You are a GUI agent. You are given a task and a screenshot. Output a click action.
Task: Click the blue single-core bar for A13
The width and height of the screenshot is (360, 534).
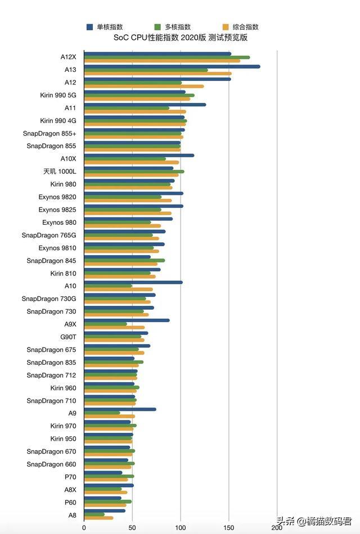[x=172, y=66]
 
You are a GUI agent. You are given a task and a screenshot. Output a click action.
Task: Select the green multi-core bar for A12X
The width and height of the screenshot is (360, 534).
[x=166, y=57]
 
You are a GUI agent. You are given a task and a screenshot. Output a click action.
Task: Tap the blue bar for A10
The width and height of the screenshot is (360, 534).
[x=133, y=282]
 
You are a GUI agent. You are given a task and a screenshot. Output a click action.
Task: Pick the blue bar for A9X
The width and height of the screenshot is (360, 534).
[x=127, y=320]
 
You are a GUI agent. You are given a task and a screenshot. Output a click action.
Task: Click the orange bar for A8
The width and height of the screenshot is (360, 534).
[x=98, y=518]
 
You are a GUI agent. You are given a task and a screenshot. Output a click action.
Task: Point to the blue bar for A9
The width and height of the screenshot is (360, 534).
[x=120, y=409]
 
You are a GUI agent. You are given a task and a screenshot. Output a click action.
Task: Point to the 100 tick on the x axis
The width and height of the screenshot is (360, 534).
[x=181, y=528]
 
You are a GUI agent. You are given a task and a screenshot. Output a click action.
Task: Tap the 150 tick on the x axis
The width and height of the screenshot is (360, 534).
[x=229, y=528]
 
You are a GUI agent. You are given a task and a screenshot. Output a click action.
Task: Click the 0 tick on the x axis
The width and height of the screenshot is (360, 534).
[x=84, y=528]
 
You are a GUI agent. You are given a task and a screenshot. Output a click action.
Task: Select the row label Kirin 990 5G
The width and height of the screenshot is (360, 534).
[x=58, y=95]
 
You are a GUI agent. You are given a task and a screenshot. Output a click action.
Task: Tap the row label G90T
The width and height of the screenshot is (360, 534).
[x=68, y=337]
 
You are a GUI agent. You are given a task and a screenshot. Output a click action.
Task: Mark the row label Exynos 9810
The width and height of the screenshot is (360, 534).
[x=57, y=248]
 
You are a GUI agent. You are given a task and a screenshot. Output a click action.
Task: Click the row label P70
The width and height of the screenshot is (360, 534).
[x=70, y=477]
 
